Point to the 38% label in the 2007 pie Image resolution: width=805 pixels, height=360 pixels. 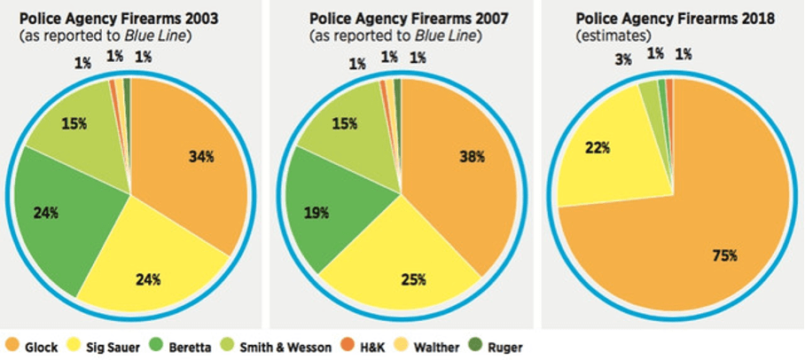pos(471,157)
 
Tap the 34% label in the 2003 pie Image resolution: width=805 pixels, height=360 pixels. pos(200,157)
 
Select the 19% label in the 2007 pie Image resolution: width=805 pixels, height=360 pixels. pos(315,212)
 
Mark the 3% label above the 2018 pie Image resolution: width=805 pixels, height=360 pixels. pos(623,60)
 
